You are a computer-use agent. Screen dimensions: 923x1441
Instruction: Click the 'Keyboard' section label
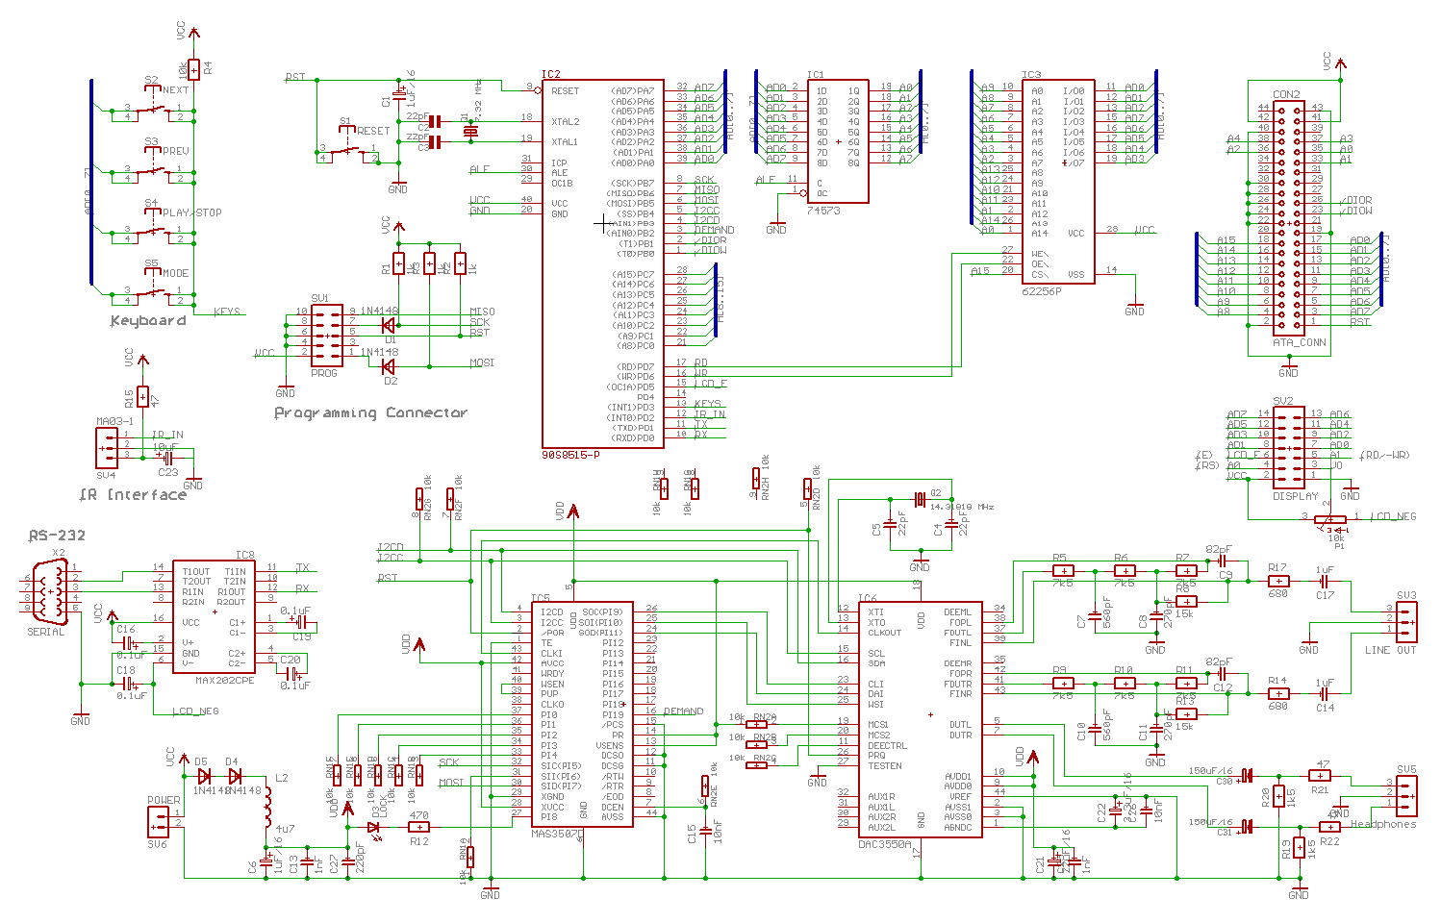pos(147,321)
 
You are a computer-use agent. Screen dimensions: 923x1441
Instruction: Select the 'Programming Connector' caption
pos(370,413)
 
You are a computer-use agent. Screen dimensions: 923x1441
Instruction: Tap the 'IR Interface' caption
pos(133,495)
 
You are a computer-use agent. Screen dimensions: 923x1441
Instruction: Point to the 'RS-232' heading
pos(57,536)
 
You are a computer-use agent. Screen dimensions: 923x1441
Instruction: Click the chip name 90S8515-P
pos(570,455)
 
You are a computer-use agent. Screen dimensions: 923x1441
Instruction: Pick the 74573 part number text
pos(823,210)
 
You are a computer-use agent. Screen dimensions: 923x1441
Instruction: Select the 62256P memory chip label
pos(1042,290)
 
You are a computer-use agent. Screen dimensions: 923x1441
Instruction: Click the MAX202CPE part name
pos(225,681)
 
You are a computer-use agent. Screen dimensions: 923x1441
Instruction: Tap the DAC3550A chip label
pos(885,843)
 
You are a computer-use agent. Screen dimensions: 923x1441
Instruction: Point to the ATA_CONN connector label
pos(1299,342)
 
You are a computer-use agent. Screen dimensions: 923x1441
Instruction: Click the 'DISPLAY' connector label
pos(1296,497)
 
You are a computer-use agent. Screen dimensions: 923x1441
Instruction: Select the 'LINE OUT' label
pos(1390,651)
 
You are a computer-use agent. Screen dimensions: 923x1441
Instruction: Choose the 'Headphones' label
pos(1383,824)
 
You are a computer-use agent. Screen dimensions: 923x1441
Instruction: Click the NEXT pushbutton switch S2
pos(152,109)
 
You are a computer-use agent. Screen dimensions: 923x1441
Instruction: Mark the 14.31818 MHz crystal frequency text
pos(962,507)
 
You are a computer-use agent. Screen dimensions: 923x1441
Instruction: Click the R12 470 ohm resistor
pos(418,827)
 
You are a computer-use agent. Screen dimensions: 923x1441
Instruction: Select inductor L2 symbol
pos(269,808)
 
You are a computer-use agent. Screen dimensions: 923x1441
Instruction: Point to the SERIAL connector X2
pos(43,588)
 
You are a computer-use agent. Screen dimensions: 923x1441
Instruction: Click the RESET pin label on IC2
pos(565,91)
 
